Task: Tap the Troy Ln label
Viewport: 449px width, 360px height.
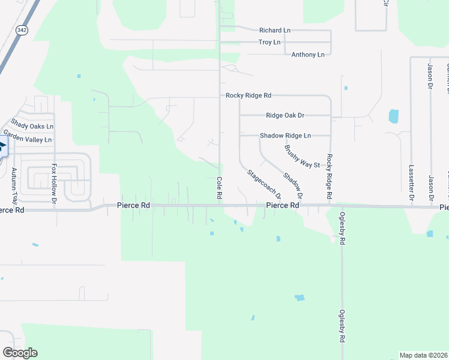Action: pyautogui.click(x=269, y=42)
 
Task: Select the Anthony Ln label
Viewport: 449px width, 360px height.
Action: pyautogui.click(x=307, y=55)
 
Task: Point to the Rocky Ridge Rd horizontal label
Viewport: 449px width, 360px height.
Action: pyautogui.click(x=249, y=95)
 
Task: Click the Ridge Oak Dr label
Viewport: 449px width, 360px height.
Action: pyautogui.click(x=285, y=115)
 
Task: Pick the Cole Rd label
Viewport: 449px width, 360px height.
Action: pyautogui.click(x=219, y=188)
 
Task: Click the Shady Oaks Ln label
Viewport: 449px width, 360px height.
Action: pyautogui.click(x=32, y=127)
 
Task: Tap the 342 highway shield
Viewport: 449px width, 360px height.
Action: pyautogui.click(x=22, y=31)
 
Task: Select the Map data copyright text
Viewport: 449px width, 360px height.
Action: pyautogui.click(x=424, y=355)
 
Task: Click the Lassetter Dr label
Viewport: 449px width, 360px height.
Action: pyautogui.click(x=411, y=182)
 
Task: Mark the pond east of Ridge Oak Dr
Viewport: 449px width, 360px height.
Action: pyautogui.click(x=394, y=116)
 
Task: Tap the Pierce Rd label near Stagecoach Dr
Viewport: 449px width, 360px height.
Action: pyautogui.click(x=282, y=205)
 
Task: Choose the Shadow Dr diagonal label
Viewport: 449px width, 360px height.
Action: pyautogui.click(x=292, y=186)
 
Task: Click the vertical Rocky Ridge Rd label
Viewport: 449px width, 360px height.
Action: pyautogui.click(x=330, y=176)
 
